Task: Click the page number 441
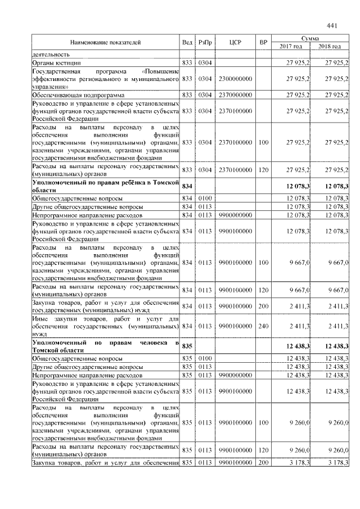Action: point(331,25)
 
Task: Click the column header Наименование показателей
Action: point(105,42)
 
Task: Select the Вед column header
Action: point(187,42)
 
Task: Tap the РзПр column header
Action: point(205,42)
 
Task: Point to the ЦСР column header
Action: point(235,42)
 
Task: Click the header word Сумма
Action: point(310,37)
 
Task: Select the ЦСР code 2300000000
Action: point(235,79)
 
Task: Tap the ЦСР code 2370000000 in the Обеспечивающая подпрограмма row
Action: point(235,96)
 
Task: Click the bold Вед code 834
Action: point(187,186)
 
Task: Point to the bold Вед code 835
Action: point(187,346)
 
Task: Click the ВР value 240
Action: point(263,326)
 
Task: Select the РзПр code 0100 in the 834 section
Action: point(205,199)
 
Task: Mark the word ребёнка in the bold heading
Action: point(130,182)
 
